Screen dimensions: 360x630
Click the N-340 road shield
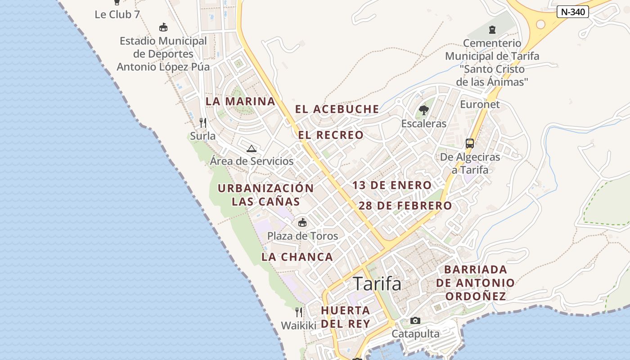[x=572, y=12]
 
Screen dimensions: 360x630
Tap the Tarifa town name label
[x=377, y=284]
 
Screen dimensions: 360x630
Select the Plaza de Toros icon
[x=302, y=222]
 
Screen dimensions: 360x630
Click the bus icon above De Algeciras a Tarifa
[x=470, y=144]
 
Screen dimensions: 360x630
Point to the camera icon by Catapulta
[x=415, y=321]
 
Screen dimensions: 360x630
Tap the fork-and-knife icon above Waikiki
[x=299, y=312]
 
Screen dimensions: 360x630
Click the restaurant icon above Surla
[x=203, y=122]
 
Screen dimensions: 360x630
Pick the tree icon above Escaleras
[x=423, y=110]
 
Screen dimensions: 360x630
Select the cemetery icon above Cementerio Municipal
[x=492, y=30]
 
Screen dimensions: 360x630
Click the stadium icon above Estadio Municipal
[x=163, y=27]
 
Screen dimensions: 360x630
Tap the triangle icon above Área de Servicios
[x=252, y=148]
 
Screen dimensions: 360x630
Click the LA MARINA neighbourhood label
[x=240, y=102]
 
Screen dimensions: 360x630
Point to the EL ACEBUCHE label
[x=337, y=109]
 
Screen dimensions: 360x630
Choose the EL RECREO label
[x=331, y=135]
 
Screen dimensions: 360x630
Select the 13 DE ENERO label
[x=391, y=185]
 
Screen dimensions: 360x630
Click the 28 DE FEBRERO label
[x=405, y=206]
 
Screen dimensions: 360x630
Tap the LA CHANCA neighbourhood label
[x=297, y=257]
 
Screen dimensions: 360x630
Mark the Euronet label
[x=480, y=104]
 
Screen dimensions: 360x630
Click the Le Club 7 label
[x=117, y=14]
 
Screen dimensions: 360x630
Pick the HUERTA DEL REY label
[x=346, y=317]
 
